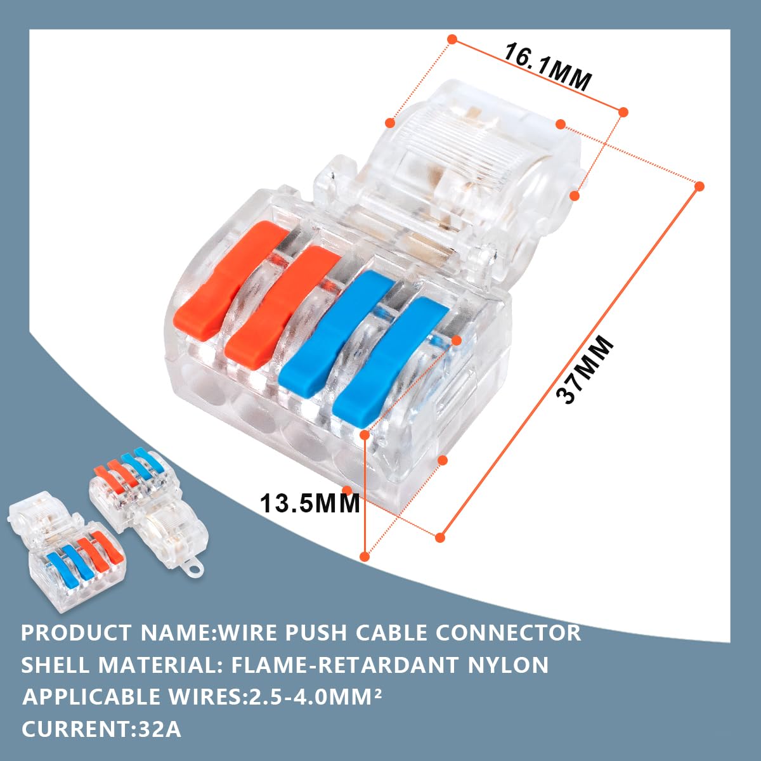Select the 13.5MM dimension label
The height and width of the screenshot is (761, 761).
coord(309,504)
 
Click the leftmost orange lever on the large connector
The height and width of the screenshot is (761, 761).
coord(230,276)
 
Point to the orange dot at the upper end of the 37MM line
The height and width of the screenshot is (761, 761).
coord(699,186)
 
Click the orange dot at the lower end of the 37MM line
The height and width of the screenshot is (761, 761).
coord(440,538)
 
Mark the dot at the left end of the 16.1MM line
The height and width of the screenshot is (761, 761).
coord(453,39)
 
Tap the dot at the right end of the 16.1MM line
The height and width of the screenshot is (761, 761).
coord(623,112)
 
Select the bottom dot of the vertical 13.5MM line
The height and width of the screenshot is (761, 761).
coord(365,557)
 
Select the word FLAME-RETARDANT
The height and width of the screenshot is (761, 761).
coord(344,665)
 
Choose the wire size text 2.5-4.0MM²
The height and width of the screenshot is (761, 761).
coord(315,696)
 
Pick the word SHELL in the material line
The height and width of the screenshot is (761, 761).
coord(56,665)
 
